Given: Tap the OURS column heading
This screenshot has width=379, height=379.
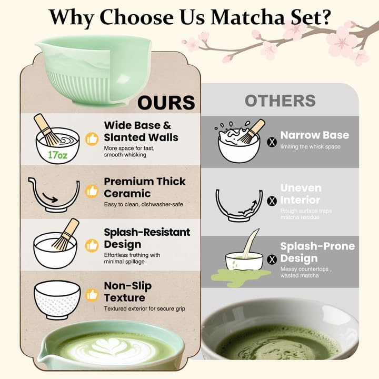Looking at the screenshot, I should (166, 103).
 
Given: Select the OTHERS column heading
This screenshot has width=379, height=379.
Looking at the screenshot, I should (280, 101).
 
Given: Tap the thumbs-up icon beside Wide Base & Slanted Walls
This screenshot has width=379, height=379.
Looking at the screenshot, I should (93, 139).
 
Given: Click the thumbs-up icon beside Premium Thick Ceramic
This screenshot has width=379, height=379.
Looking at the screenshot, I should (93, 192).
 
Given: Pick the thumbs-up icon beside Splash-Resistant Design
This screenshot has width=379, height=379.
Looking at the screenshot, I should (93, 245).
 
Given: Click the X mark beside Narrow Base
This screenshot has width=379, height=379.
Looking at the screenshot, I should (272, 142).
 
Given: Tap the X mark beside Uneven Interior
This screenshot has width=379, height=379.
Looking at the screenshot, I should (272, 201).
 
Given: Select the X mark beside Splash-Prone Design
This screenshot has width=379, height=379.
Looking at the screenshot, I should (272, 259).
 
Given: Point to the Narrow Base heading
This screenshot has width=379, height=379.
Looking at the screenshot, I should (314, 135).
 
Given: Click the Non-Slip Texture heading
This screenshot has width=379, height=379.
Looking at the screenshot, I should (127, 292).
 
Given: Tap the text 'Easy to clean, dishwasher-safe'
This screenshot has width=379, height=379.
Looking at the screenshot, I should (143, 204).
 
